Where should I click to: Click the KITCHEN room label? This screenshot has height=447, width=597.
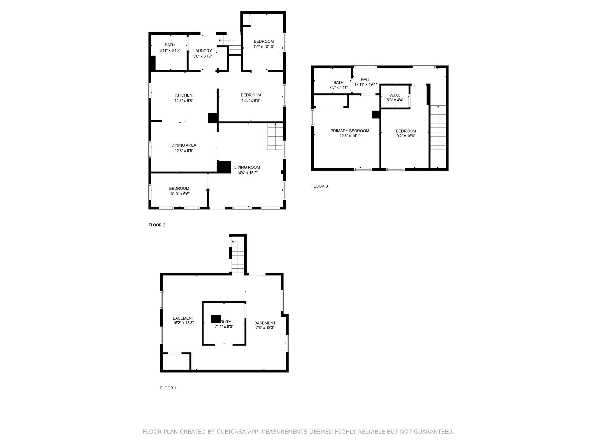(184, 95)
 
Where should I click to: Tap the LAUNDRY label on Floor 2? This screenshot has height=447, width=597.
(203, 51)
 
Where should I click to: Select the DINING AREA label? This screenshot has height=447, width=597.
(184, 145)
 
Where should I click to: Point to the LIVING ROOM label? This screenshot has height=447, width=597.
(247, 167)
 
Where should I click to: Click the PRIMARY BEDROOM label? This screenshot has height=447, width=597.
(350, 131)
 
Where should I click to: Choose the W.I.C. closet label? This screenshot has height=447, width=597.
(395, 95)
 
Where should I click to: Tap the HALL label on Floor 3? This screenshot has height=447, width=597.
(366, 79)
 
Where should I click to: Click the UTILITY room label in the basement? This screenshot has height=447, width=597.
(224, 322)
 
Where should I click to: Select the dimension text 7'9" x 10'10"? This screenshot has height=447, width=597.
(264, 47)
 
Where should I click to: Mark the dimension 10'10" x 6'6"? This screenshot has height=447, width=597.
(179, 194)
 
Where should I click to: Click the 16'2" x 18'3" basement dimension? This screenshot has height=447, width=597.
(183, 323)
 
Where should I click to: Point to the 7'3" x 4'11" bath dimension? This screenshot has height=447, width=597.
(338, 87)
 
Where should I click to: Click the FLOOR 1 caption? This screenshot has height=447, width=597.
(168, 388)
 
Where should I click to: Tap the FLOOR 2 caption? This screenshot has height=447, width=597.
(157, 225)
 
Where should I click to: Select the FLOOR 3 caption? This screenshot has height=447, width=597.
(320, 186)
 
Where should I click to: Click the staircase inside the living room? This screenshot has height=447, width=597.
(275, 136)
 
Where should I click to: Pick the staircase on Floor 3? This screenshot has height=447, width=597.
(438, 128)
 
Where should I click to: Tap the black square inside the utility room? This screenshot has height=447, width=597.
(216, 319)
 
